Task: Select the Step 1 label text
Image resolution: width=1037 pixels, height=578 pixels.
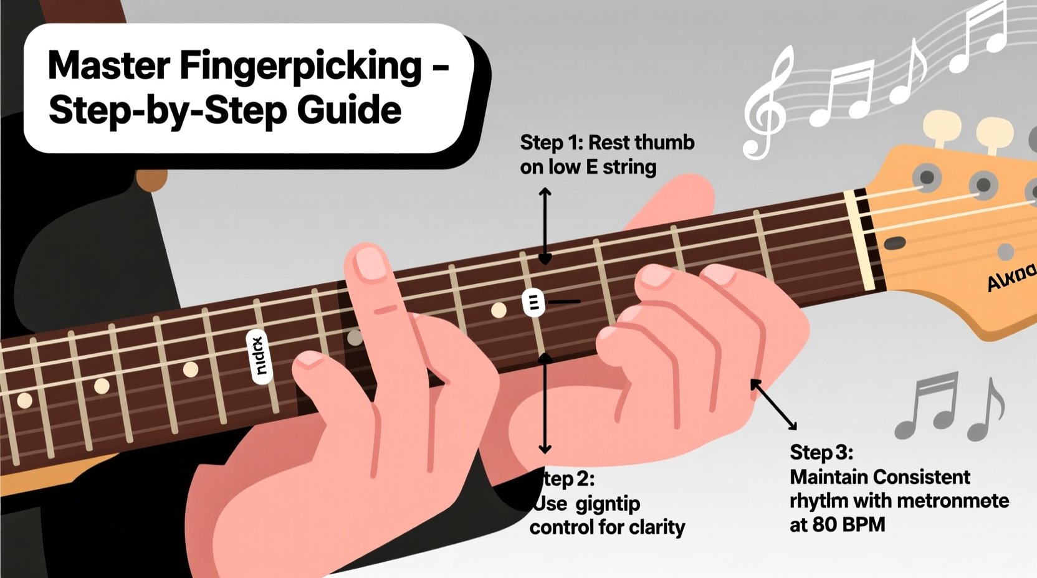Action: coord(551,143)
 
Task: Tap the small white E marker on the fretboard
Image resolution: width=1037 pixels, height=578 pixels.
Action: coord(533,303)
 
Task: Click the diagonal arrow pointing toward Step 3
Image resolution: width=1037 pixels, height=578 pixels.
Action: coord(773,404)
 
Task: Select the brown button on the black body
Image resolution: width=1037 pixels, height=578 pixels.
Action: coord(151,179)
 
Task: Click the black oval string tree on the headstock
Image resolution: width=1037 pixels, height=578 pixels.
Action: coord(895,243)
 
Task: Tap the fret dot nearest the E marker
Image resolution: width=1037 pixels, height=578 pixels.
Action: coord(499,310)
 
